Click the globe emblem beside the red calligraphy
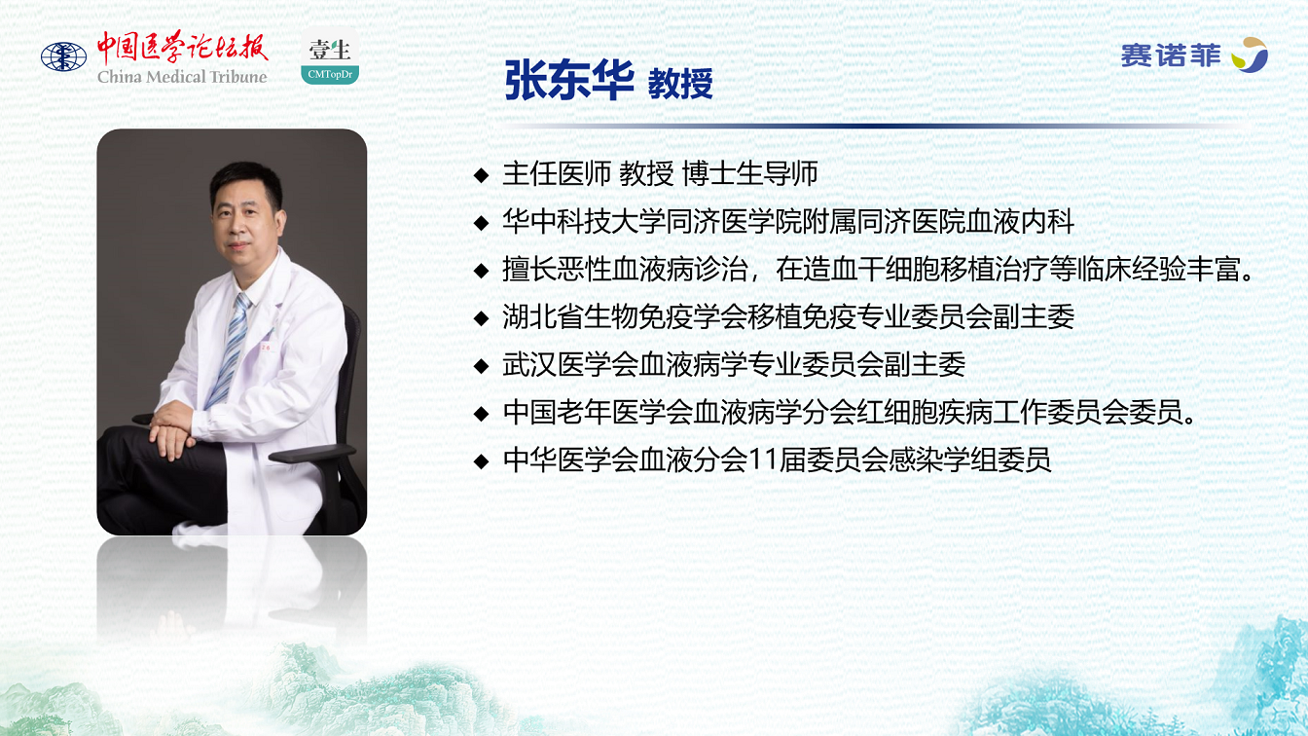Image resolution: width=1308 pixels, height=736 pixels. tap(63, 57)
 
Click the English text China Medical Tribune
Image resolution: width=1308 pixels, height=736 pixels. tap(182, 77)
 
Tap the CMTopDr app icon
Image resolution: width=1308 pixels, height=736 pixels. tap(330, 57)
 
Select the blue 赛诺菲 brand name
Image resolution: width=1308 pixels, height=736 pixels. tap(1171, 56)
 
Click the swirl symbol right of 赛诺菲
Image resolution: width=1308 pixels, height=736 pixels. tap(1250, 55)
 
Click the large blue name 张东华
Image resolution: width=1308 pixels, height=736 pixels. tap(569, 81)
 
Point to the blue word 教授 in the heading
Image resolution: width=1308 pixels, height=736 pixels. tap(680, 84)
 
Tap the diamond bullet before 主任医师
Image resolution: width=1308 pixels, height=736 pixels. tap(481, 174)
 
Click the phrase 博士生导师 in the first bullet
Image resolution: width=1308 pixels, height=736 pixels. tap(749, 174)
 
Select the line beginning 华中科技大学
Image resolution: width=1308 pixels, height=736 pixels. tap(788, 222)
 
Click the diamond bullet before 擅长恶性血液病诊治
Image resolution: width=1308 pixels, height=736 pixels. tap(481, 271)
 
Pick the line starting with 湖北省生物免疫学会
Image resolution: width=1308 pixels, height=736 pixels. tap(788, 317)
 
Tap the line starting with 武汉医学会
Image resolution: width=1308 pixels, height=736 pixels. tap(734, 365)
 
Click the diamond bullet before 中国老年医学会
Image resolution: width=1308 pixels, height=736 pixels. tap(481, 414)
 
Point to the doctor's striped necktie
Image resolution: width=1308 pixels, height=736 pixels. tap(230, 350)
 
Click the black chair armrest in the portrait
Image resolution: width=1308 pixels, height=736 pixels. tap(312, 454)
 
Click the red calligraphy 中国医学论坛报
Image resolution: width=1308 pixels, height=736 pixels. tap(182, 48)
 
